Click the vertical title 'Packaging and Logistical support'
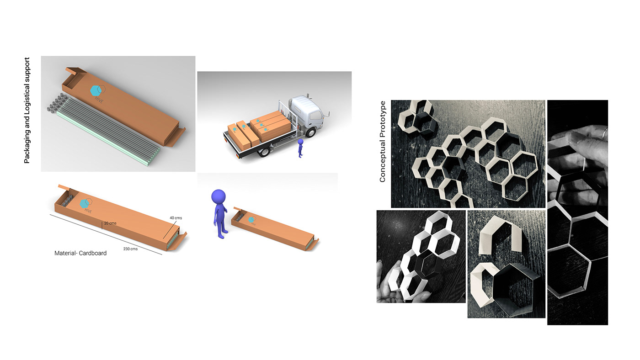[27, 110]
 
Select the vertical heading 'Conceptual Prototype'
[383, 142]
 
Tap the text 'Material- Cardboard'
[80, 253]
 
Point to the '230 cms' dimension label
[130, 249]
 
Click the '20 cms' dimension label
[110, 223]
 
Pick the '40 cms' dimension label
[176, 218]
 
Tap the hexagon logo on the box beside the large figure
[251, 220]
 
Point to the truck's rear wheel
[264, 151]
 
